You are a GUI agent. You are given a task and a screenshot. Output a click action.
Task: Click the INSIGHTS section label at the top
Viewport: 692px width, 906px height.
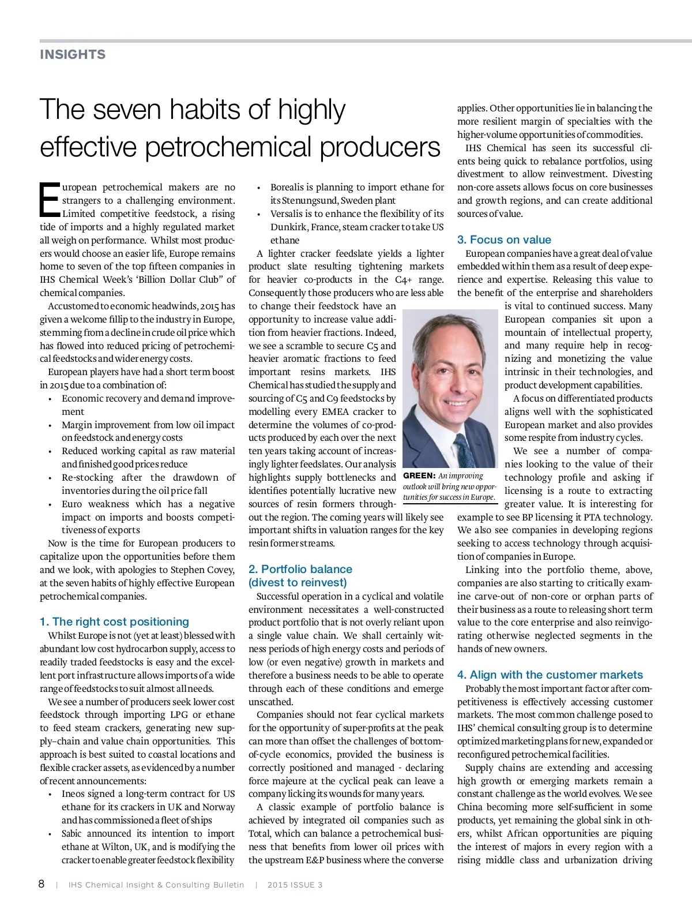tap(73, 55)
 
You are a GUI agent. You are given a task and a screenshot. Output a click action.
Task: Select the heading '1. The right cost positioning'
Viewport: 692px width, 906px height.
tap(114, 622)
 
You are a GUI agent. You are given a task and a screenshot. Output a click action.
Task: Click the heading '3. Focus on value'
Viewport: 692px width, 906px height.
tap(504, 239)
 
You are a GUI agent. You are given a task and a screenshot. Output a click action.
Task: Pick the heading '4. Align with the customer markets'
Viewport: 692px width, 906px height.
tap(550, 675)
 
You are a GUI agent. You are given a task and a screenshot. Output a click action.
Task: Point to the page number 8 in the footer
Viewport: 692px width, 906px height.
tap(42, 884)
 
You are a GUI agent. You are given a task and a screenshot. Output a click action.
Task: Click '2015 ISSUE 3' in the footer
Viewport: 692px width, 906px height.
tap(295, 885)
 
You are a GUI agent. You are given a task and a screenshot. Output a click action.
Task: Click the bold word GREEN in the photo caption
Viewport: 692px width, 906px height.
tap(419, 476)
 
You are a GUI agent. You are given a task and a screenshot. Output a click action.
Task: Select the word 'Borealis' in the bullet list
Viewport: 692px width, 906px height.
tap(288, 188)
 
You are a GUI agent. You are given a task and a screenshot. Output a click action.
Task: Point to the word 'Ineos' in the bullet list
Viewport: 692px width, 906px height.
tap(74, 794)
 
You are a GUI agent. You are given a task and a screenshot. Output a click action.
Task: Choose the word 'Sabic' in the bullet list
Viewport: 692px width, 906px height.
tap(74, 834)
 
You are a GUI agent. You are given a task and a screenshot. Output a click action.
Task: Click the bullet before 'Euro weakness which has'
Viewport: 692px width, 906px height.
tap(50, 504)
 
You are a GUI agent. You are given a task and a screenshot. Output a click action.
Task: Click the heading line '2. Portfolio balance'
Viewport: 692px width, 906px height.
tap(300, 569)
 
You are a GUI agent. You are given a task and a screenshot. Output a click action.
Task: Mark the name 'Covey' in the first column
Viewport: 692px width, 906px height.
tap(220, 570)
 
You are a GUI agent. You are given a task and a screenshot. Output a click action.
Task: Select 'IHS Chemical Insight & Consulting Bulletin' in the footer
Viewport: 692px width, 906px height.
tap(156, 885)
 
